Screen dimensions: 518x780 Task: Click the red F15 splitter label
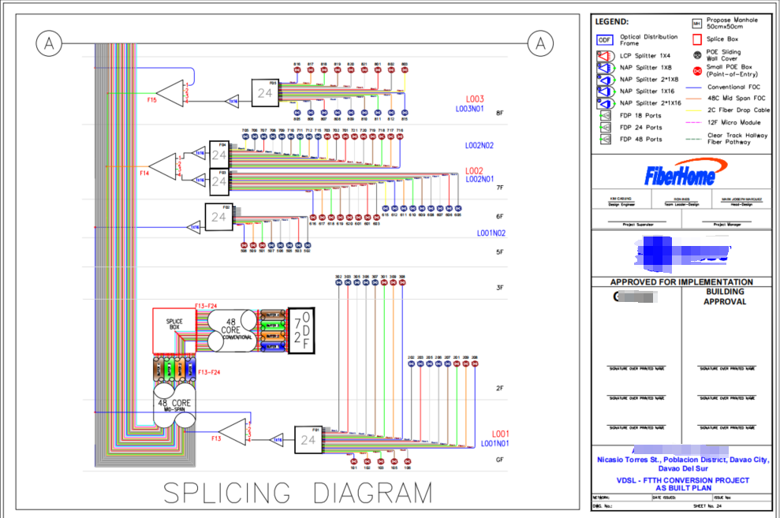point(151,101)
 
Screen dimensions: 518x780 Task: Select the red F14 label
point(144,173)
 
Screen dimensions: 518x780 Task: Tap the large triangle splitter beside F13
point(233,432)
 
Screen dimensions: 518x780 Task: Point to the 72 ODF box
point(300,330)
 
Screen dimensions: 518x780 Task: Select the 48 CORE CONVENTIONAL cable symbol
point(230,330)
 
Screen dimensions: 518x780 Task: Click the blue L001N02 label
point(491,233)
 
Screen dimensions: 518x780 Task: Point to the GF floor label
point(499,459)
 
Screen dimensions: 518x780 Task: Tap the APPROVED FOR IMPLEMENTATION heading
point(681,281)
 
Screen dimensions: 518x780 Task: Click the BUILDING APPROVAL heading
point(725,296)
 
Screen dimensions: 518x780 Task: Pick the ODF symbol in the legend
point(605,40)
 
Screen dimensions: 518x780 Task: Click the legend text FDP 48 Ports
point(641,140)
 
